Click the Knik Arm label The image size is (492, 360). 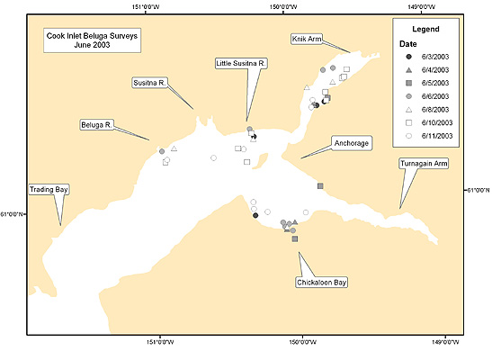coord(307,39)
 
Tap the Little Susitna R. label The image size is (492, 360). coord(241,63)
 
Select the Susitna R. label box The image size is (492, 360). coord(149,83)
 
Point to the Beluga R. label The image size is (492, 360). coord(96,125)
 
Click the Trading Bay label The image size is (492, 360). coord(49,190)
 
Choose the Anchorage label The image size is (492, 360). coord(352,143)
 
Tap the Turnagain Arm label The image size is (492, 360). coord(424,164)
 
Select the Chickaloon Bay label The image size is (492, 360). coord(322,283)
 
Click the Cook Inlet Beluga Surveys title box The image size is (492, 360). coord(92,40)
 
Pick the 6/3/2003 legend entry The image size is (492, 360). coord(427,57)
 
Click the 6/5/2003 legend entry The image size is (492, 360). coord(427,83)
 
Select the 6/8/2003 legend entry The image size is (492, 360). coord(427,110)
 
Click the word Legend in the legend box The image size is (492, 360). coord(425,29)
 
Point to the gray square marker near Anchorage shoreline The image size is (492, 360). coord(320,186)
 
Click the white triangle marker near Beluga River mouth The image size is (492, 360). coord(174,148)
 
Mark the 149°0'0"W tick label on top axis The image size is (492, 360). coord(422,6)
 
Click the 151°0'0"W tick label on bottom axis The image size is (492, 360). coord(160,342)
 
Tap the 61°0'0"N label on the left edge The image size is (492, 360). coord(12,214)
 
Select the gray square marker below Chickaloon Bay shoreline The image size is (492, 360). coord(295,238)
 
